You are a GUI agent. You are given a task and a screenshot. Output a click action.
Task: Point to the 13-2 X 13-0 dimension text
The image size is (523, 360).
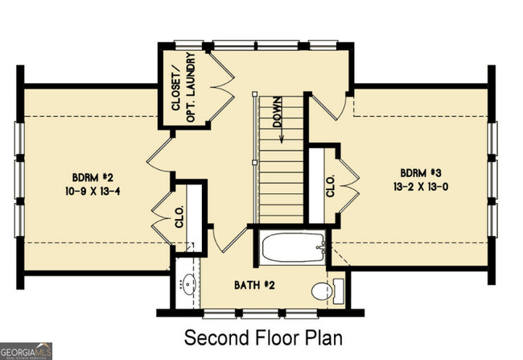coord(421,187)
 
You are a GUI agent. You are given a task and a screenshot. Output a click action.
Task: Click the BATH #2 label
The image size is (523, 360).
coord(257,286)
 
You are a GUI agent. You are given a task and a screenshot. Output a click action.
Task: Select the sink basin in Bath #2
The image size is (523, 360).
coord(191,283)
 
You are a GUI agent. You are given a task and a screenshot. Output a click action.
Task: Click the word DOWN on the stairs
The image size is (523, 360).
coord(277,113)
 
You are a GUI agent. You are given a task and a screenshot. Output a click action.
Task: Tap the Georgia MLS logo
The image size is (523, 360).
coord(27,351)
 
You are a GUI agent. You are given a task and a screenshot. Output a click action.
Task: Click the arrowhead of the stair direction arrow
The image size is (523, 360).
coord(283,139)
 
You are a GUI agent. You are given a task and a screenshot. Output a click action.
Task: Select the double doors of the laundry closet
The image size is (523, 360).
coord(222,81)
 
